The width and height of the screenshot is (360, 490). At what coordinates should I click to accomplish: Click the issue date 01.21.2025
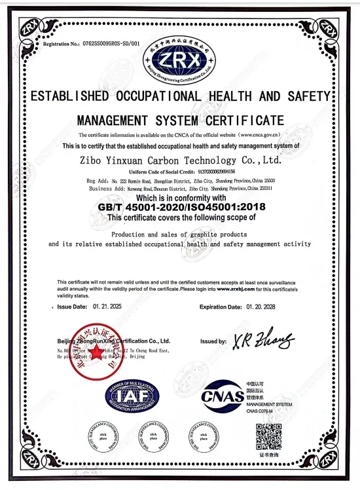pos(106,307)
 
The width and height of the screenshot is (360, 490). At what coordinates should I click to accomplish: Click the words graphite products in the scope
pos(211,234)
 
